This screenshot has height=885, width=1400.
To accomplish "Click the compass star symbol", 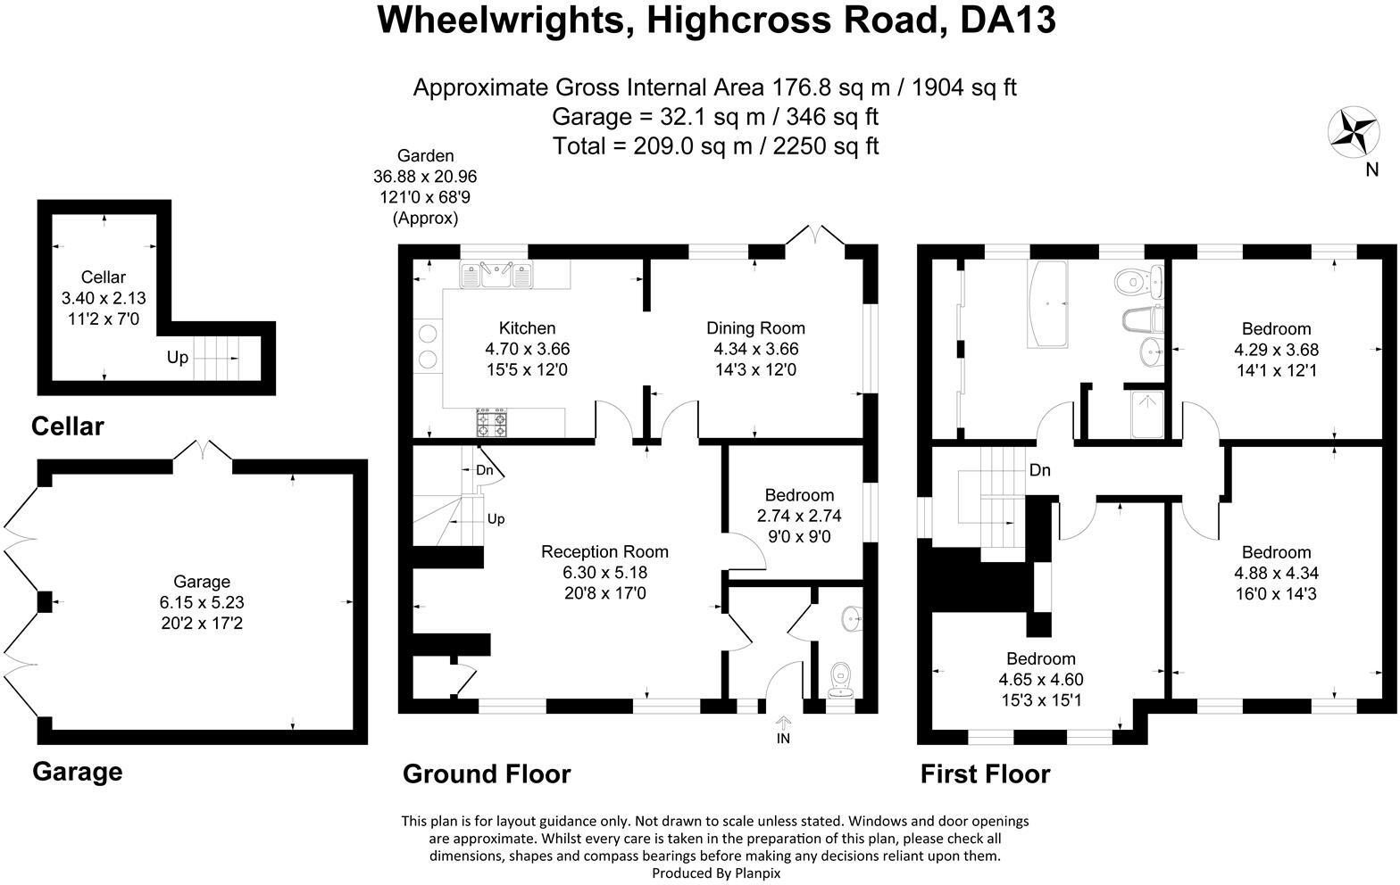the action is [x=1354, y=132].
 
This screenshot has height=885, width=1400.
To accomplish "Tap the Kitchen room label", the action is [x=527, y=328].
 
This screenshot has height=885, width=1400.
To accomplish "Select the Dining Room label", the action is [x=755, y=328].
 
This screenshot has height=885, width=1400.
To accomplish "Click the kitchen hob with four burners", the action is [x=492, y=424].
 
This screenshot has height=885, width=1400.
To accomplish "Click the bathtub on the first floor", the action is [x=1047, y=303].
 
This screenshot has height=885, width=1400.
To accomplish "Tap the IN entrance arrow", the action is [x=783, y=724].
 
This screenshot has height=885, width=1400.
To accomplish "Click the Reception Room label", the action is [x=604, y=551].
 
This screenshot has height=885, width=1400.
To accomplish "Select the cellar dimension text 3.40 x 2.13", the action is [x=104, y=298].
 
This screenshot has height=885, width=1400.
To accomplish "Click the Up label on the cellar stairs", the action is [x=178, y=357].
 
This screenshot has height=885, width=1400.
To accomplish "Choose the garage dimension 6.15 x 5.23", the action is [x=202, y=603].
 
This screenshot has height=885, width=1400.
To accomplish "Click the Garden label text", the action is [x=426, y=155].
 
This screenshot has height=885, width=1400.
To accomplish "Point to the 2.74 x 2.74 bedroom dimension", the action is [x=799, y=516].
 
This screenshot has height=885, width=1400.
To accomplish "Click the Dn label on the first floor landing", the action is [x=1040, y=469].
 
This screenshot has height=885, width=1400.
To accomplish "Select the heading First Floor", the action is [x=985, y=773].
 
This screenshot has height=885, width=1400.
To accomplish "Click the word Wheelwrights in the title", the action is [x=501, y=20].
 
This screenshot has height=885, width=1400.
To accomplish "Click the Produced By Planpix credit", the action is [x=716, y=873].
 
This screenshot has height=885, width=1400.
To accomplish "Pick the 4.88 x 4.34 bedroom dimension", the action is [x=1276, y=573].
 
